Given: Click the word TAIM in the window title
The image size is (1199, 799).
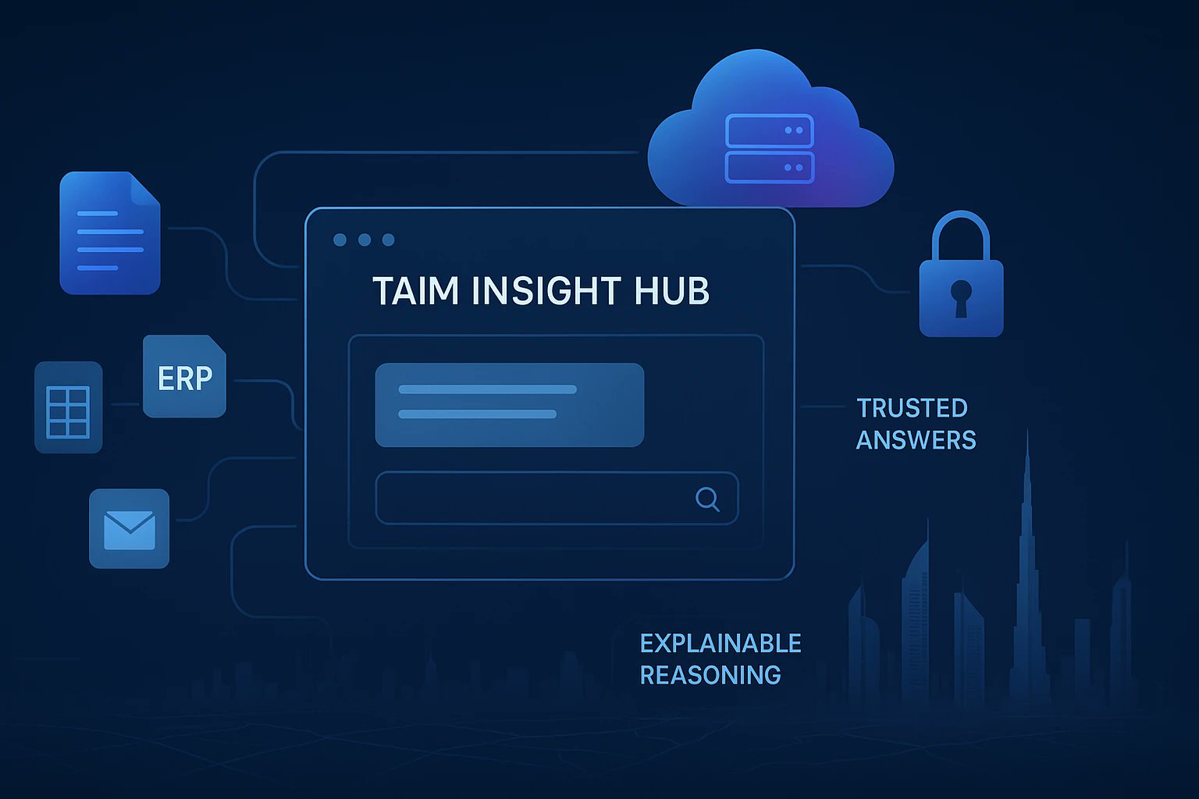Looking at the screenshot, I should pyautogui.click(x=415, y=291).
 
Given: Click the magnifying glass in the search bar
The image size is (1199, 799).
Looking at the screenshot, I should pyautogui.click(x=707, y=499).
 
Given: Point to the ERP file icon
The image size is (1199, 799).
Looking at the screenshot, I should pyautogui.click(x=184, y=377).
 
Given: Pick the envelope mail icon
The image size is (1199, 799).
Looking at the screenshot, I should pyautogui.click(x=129, y=529).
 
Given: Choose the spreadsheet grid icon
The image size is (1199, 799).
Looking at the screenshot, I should pyautogui.click(x=69, y=407).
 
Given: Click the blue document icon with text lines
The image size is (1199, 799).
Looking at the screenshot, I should pyautogui.click(x=110, y=233).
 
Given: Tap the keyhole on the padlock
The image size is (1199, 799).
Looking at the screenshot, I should pyautogui.click(x=961, y=297).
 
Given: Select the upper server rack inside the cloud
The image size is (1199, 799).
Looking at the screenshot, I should pyautogui.click(x=770, y=130).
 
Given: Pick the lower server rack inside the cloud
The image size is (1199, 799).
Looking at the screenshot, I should pyautogui.click(x=770, y=167).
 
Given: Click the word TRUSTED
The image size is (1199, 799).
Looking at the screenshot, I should pyautogui.click(x=912, y=408).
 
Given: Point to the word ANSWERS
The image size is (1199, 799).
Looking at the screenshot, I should pyautogui.click(x=916, y=440).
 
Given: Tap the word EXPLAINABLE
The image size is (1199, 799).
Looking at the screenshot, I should pyautogui.click(x=720, y=643).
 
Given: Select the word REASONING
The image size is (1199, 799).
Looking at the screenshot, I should pyautogui.click(x=710, y=675).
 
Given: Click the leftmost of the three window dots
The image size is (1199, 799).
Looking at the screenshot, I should pyautogui.click(x=340, y=240).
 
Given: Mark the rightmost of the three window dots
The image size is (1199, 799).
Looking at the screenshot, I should pyautogui.click(x=388, y=240).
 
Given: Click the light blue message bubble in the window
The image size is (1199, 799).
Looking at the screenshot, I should pyautogui.click(x=509, y=404).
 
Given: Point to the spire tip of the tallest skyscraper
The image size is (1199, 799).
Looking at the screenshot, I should pyautogui.click(x=1027, y=434).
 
